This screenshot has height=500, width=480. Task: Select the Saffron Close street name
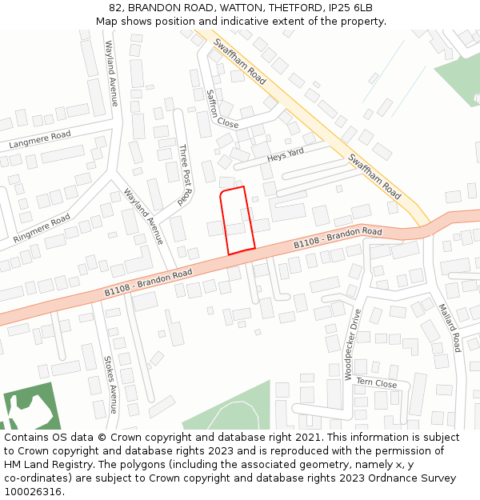click(x=222, y=109)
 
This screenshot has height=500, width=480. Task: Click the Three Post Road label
click(x=186, y=174)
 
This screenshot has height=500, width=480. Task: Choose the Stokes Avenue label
click(x=110, y=384)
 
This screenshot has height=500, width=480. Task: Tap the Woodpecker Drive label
click(x=352, y=344)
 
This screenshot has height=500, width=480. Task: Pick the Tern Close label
click(x=376, y=383)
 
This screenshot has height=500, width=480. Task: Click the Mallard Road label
click(x=448, y=326)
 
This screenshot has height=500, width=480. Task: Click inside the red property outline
click(x=238, y=221)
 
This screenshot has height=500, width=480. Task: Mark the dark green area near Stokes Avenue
click(x=30, y=407)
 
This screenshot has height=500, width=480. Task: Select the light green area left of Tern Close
click(x=232, y=408)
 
